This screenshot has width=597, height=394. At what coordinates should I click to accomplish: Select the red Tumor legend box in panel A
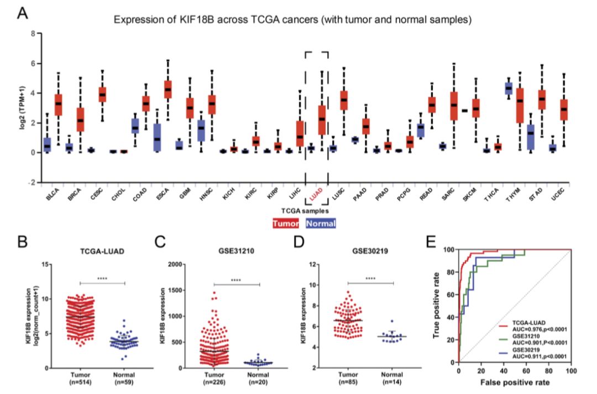(286, 224)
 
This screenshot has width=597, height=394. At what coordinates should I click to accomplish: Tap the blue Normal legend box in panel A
(321, 224)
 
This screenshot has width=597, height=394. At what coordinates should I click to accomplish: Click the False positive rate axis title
(514, 383)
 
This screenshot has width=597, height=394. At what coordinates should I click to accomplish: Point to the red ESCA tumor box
(167, 89)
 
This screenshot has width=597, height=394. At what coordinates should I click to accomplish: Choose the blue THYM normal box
(509, 88)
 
